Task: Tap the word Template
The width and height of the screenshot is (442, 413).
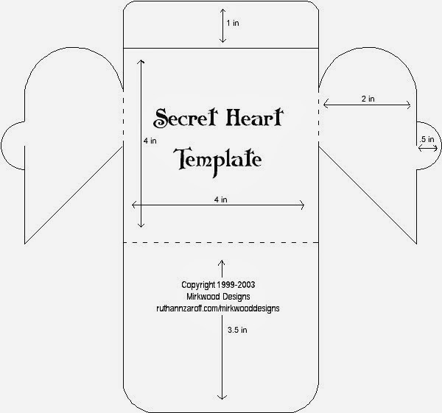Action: coord(218,158)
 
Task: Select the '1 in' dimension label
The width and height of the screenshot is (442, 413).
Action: coord(233,24)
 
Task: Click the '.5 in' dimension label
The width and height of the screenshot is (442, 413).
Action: coord(427,138)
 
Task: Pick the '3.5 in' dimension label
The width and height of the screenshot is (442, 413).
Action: coord(239,331)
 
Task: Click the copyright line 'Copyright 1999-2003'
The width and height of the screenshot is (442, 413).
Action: coord(218,283)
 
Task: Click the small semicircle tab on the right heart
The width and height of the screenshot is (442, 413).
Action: coord(427,147)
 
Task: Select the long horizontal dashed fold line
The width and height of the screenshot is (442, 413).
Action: coord(221,241)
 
